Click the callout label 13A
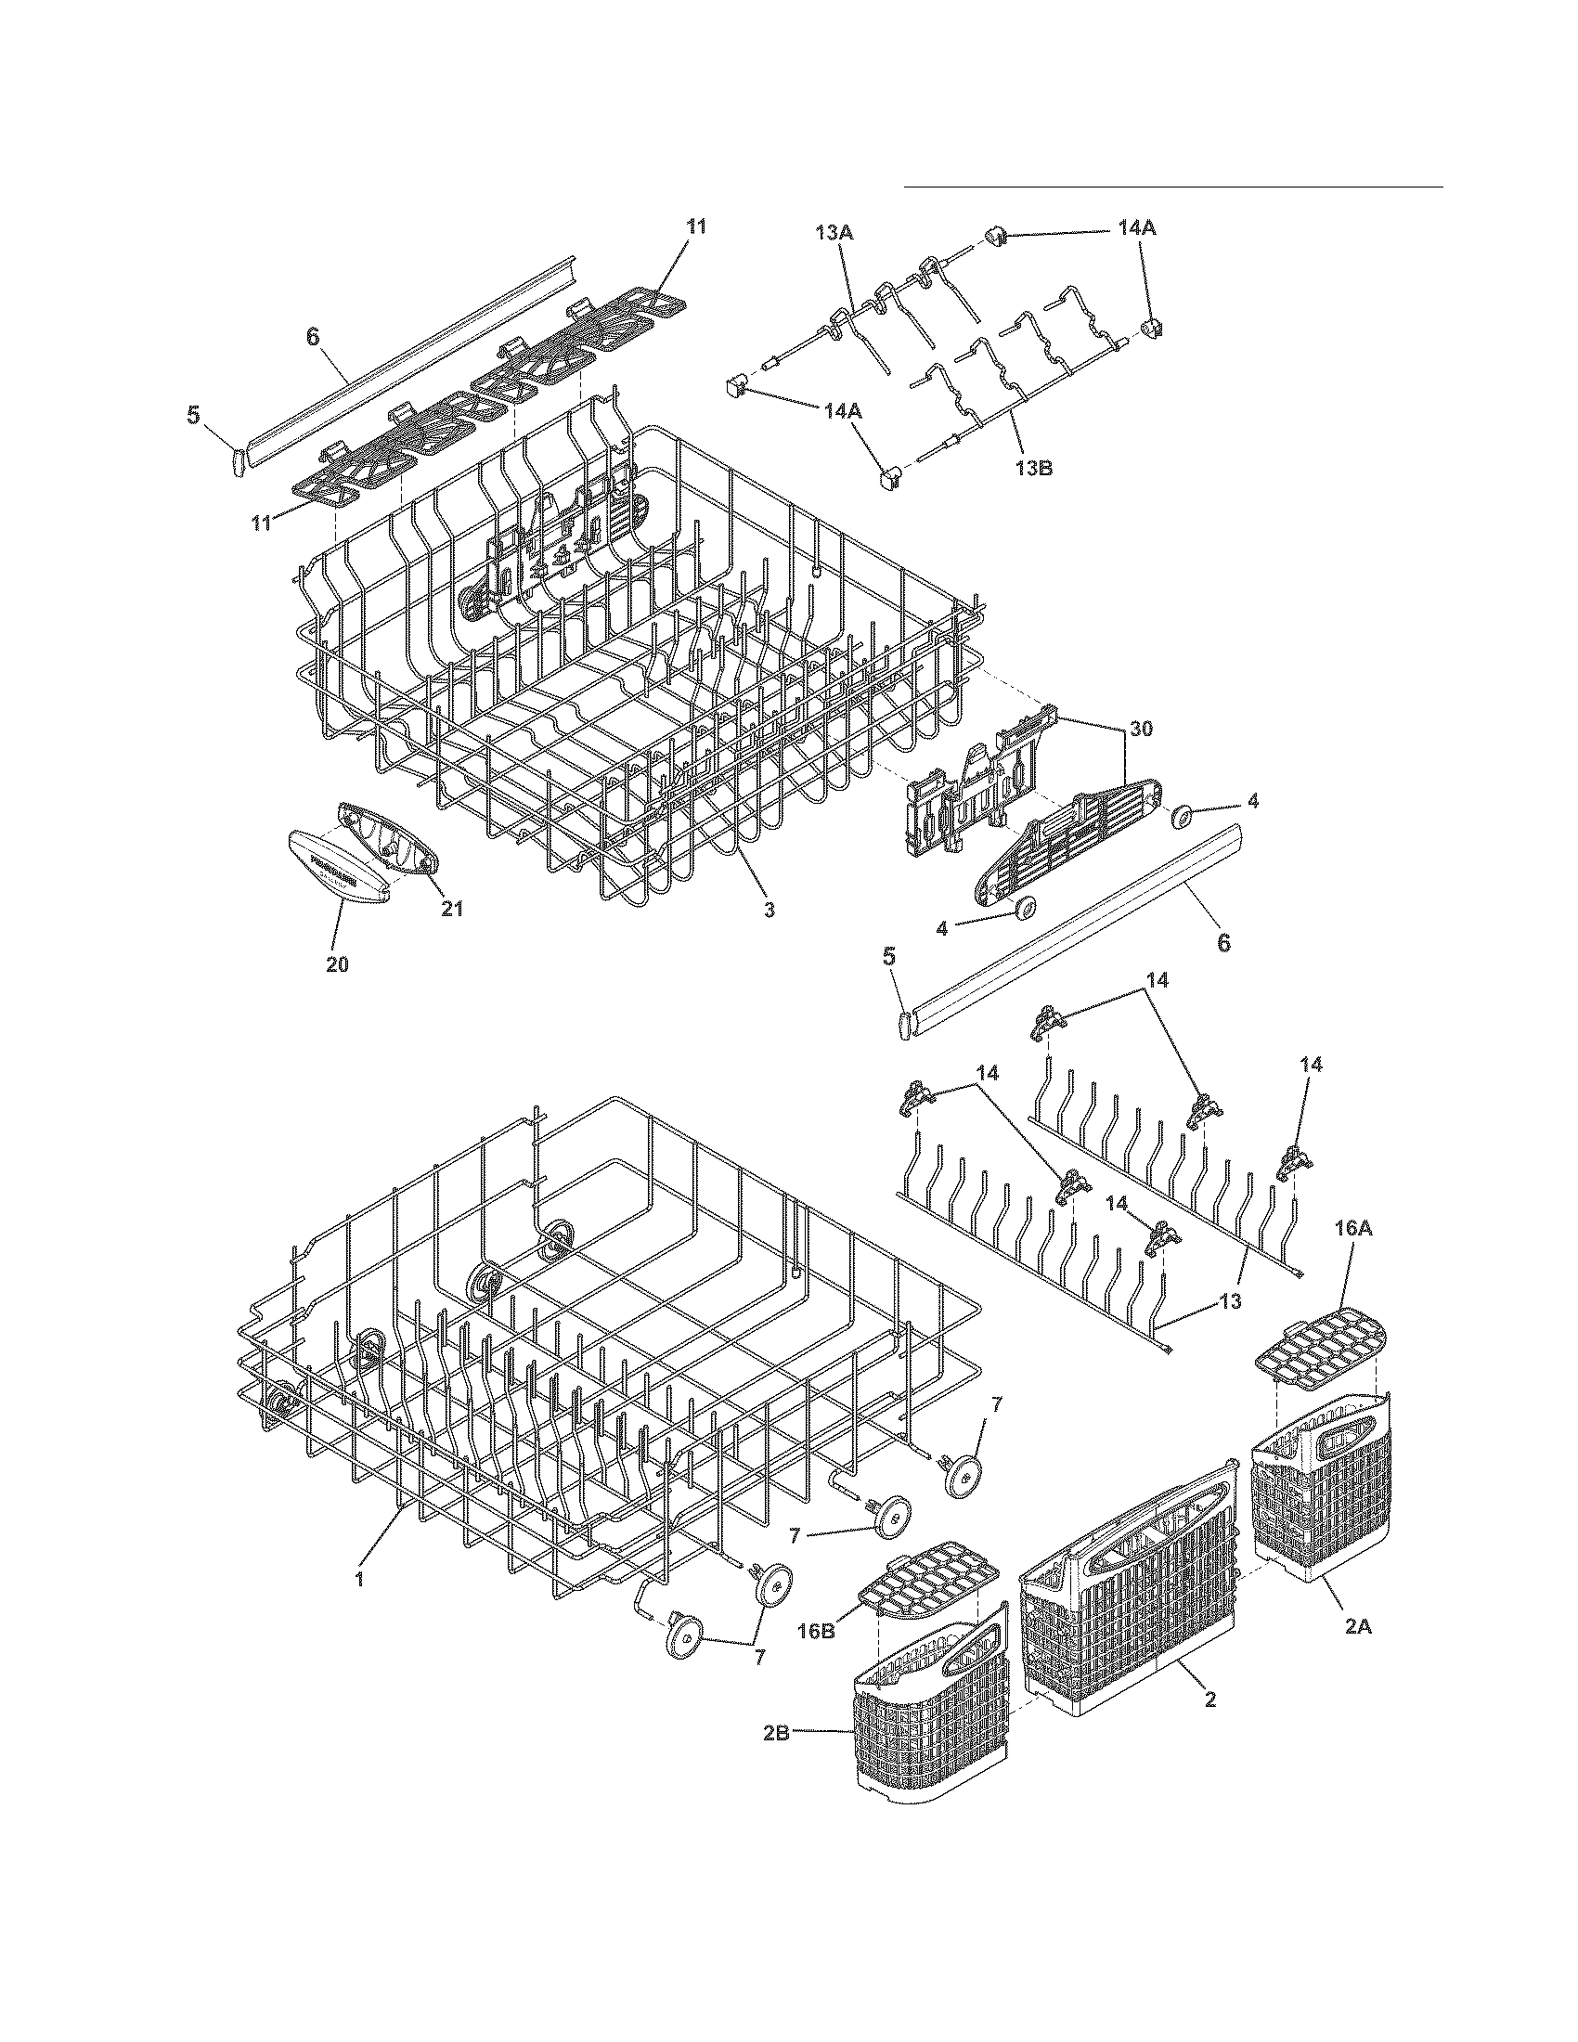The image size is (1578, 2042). (x=834, y=233)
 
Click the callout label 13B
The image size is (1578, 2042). (x=1034, y=468)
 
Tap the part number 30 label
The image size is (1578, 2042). (x=1143, y=729)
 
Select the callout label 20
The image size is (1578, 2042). (x=337, y=964)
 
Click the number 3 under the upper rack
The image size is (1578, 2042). (x=769, y=909)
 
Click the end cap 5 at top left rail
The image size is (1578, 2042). (x=237, y=461)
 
